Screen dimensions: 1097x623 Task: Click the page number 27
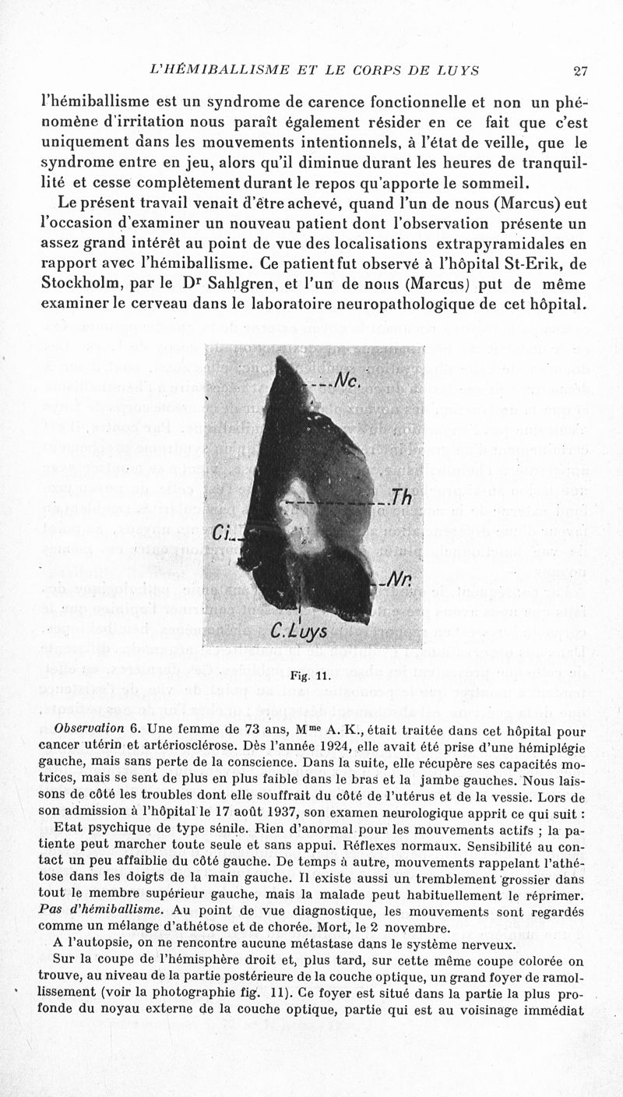point(579,72)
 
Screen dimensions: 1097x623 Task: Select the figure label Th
point(401,500)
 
